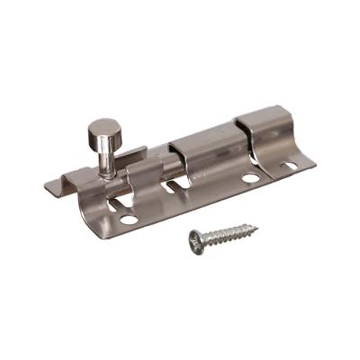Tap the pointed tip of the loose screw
tap(256, 227)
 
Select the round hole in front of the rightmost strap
tap(250, 178)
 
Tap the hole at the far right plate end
tap(290, 165)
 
